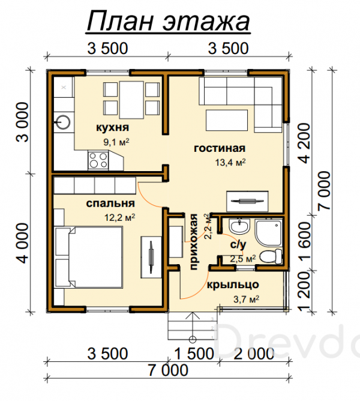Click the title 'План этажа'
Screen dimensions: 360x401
click(x=168, y=22)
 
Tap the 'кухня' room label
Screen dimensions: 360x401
click(x=113, y=127)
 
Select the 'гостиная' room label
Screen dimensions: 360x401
click(x=220, y=148)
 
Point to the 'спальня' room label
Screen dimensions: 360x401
click(x=110, y=204)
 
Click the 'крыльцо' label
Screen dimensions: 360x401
click(x=233, y=285)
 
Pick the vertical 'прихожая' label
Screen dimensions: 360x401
click(x=194, y=242)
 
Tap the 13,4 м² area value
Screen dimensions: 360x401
click(x=230, y=162)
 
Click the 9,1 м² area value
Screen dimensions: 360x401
click(x=116, y=142)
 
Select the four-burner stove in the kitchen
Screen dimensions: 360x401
click(x=98, y=160)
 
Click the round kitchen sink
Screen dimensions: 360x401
click(x=62, y=122)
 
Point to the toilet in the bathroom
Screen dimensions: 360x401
click(x=271, y=256)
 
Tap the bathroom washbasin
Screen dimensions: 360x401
click(x=239, y=226)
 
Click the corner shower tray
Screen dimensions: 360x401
click(x=269, y=234)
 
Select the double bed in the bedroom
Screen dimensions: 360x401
click(x=88, y=257)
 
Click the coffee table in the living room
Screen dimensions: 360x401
click(x=227, y=120)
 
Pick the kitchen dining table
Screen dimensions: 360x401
click(x=131, y=100)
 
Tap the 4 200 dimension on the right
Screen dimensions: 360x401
click(x=305, y=143)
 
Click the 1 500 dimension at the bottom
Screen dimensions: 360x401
click(x=194, y=354)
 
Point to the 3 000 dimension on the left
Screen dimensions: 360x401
click(x=23, y=122)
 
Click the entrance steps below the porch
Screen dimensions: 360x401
click(x=193, y=327)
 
